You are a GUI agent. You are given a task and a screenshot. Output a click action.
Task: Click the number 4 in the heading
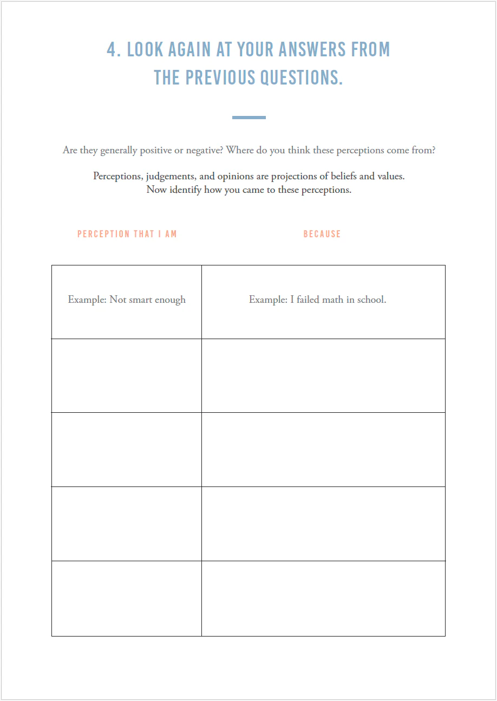pyautogui.click(x=113, y=50)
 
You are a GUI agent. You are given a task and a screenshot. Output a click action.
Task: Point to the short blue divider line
pyautogui.click(x=248, y=118)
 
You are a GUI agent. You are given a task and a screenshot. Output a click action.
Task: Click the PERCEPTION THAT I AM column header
pyautogui.click(x=127, y=234)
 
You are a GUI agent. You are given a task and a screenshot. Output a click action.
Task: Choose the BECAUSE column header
pyautogui.click(x=322, y=234)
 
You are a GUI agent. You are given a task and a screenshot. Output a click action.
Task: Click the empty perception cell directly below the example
pyautogui.click(x=127, y=376)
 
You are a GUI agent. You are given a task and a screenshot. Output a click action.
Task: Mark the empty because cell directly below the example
pyautogui.click(x=323, y=376)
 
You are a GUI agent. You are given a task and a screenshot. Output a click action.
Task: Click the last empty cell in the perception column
pyautogui.click(x=127, y=599)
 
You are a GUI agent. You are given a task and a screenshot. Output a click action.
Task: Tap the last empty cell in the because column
pyautogui.click(x=323, y=599)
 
